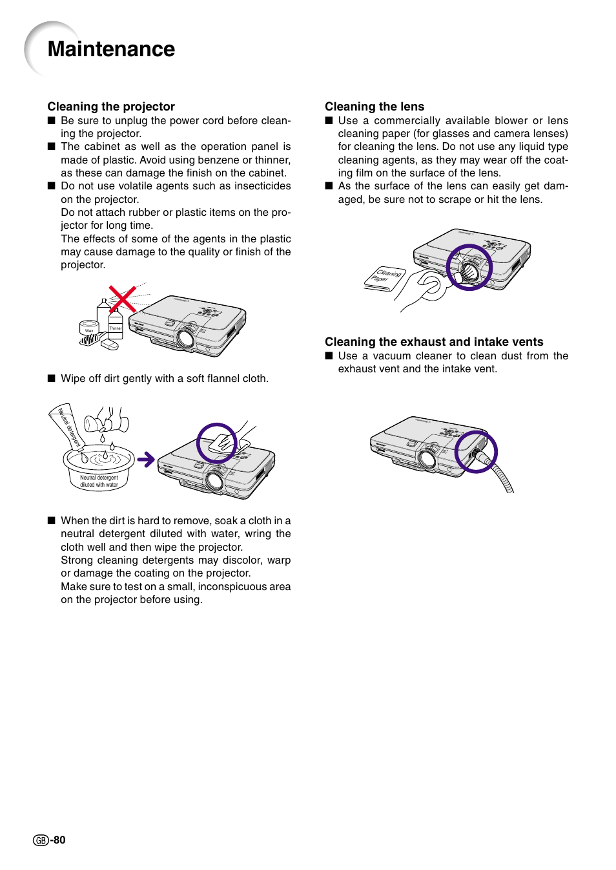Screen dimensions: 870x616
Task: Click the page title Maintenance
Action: click(x=111, y=49)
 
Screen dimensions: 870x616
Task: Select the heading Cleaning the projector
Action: click(x=111, y=107)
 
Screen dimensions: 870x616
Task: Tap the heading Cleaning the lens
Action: click(x=375, y=107)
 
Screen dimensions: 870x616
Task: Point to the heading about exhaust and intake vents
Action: click(x=434, y=342)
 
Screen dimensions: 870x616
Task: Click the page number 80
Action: click(x=59, y=840)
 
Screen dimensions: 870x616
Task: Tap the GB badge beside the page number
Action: click(x=41, y=840)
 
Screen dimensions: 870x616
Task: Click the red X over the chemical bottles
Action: click(x=122, y=299)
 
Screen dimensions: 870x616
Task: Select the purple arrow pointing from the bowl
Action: click(x=146, y=460)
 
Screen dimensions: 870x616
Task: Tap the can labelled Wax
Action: click(x=88, y=328)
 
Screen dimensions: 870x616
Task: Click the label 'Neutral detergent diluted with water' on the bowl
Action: click(x=99, y=481)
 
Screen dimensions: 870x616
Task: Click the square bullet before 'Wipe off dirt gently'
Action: click(x=52, y=379)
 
